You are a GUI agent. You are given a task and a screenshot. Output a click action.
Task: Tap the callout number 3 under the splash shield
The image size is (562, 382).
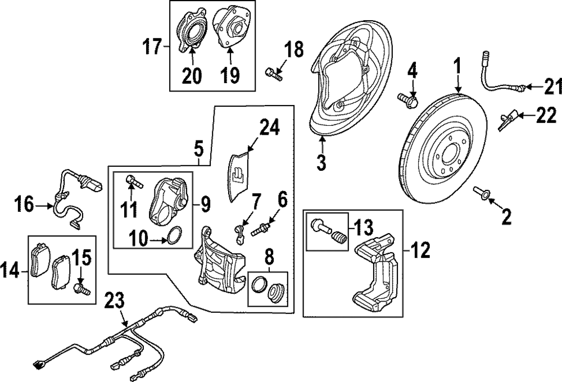coord(321,163)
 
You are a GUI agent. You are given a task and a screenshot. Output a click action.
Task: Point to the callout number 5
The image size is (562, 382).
coord(199,150)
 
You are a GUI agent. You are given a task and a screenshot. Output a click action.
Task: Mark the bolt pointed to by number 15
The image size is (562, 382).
coord(80,289)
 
